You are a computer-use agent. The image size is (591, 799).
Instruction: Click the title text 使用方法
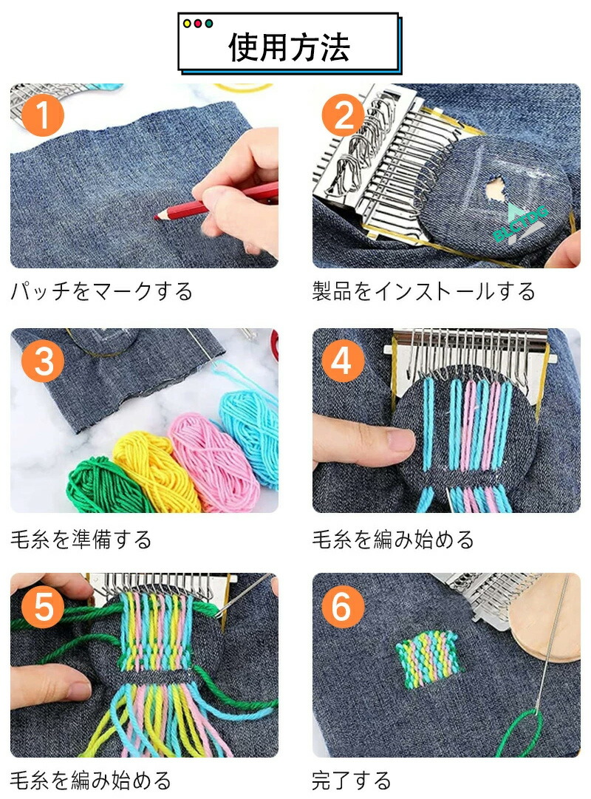pyautogui.click(x=288, y=47)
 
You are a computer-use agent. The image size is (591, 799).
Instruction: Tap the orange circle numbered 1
pyautogui.click(x=43, y=115)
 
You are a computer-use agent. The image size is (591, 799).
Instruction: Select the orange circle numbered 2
pyautogui.click(x=344, y=115)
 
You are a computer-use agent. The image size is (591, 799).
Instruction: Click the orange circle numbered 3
pyautogui.click(x=43, y=361)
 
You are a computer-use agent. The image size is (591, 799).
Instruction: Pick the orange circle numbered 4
pyautogui.click(x=344, y=361)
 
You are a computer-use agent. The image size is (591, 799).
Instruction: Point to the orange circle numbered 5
pyautogui.click(x=43, y=606)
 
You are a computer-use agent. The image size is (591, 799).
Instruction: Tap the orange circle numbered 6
pyautogui.click(x=344, y=606)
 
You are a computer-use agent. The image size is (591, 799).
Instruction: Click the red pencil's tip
pyautogui.click(x=156, y=217)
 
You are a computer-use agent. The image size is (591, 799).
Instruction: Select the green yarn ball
pyautogui.click(x=104, y=484)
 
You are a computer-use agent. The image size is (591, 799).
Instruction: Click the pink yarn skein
pyautogui.click(x=213, y=461)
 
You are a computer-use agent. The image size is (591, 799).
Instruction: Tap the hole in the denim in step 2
pyautogui.click(x=493, y=189)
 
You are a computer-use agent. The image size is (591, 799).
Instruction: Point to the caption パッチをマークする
pyautogui.click(x=102, y=291)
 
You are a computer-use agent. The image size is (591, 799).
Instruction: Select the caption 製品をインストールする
pyautogui.click(x=424, y=291)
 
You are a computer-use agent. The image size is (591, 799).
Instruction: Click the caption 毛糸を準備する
pyautogui.click(x=81, y=539)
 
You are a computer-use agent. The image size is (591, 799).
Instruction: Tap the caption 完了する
pyautogui.click(x=352, y=780)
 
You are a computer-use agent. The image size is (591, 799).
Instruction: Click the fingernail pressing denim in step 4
pyautogui.click(x=400, y=439)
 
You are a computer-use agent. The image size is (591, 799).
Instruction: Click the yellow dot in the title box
pyautogui.click(x=187, y=24)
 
